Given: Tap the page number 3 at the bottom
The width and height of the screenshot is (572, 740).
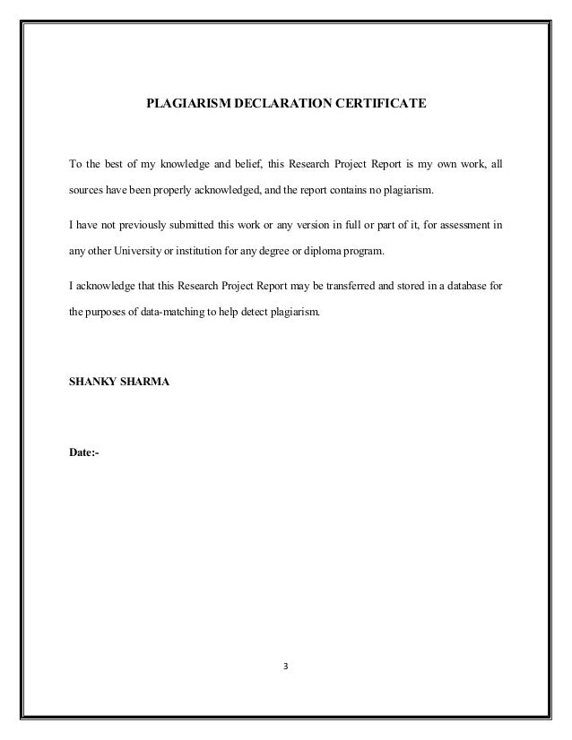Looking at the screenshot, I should pos(286,667).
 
